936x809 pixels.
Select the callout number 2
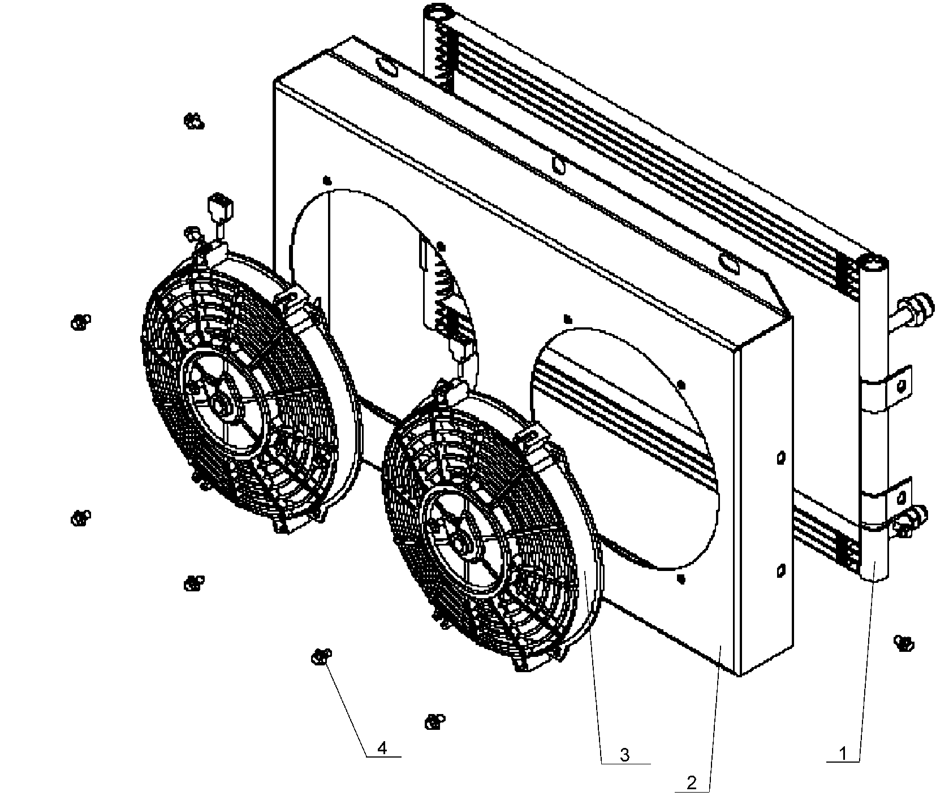691,783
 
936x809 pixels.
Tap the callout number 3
624,755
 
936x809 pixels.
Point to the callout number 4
382,749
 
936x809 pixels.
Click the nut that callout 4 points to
321,657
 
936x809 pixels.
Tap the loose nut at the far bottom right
904,642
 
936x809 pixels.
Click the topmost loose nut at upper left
194,121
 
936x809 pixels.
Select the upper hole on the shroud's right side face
781,457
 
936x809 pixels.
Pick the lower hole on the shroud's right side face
780,571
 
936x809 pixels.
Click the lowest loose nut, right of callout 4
434,721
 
